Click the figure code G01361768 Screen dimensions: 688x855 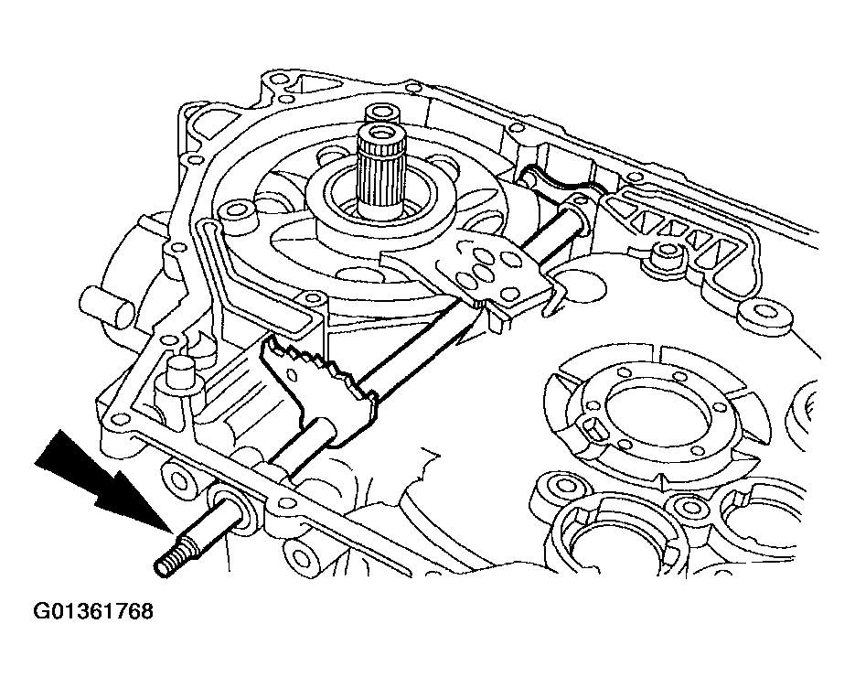coord(80,610)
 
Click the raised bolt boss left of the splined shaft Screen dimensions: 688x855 coord(240,213)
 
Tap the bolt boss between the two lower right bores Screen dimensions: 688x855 coord(681,508)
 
